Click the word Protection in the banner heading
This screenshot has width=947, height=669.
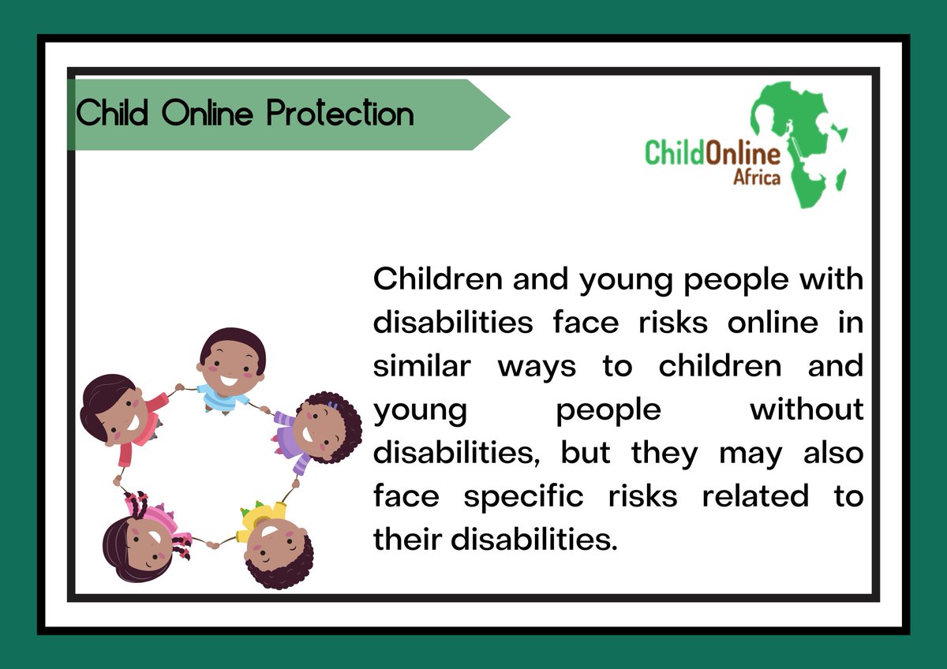point(340,114)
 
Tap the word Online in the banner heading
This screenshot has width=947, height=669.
point(208,114)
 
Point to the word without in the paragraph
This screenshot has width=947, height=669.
point(807,409)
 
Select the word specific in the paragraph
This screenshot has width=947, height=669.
point(523,496)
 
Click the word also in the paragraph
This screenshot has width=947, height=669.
point(833,453)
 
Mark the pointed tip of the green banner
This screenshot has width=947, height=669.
point(508,115)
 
